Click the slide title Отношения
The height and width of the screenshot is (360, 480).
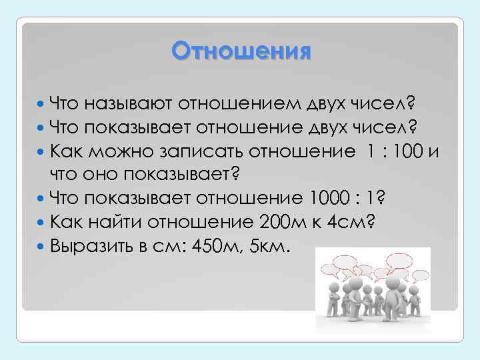pyautogui.click(x=241, y=51)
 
